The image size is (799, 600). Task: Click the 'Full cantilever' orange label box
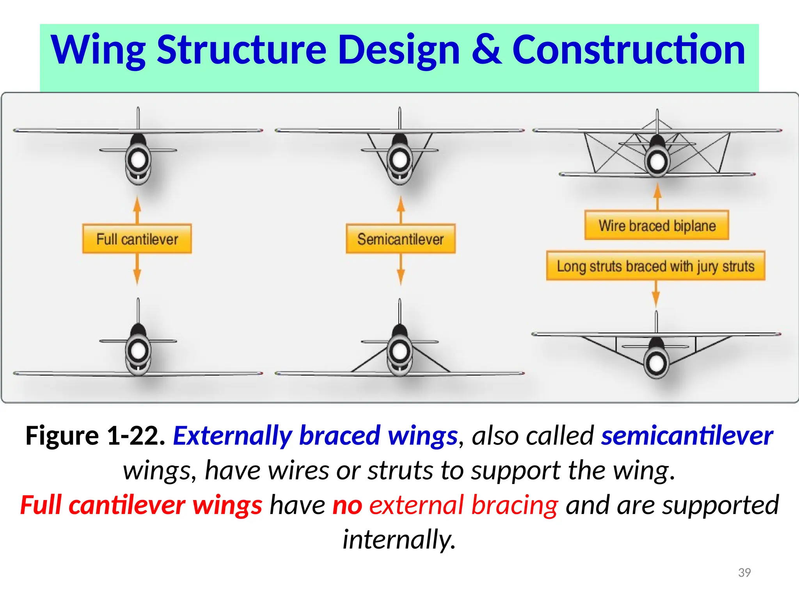(137, 239)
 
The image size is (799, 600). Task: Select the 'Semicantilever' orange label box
(400, 239)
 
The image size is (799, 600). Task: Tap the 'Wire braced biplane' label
(657, 225)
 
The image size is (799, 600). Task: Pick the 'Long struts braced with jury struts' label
(655, 266)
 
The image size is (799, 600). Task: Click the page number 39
(744, 572)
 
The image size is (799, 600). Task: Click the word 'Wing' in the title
(98, 50)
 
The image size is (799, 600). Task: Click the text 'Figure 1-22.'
(95, 436)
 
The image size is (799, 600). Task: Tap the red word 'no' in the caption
(347, 505)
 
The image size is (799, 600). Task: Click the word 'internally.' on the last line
(399, 539)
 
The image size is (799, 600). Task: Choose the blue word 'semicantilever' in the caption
(687, 436)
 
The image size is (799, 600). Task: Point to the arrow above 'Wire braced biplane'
(657, 196)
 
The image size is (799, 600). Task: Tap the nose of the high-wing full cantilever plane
(138, 159)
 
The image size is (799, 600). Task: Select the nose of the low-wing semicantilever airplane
(400, 350)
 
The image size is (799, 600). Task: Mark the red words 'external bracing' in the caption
(463, 505)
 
